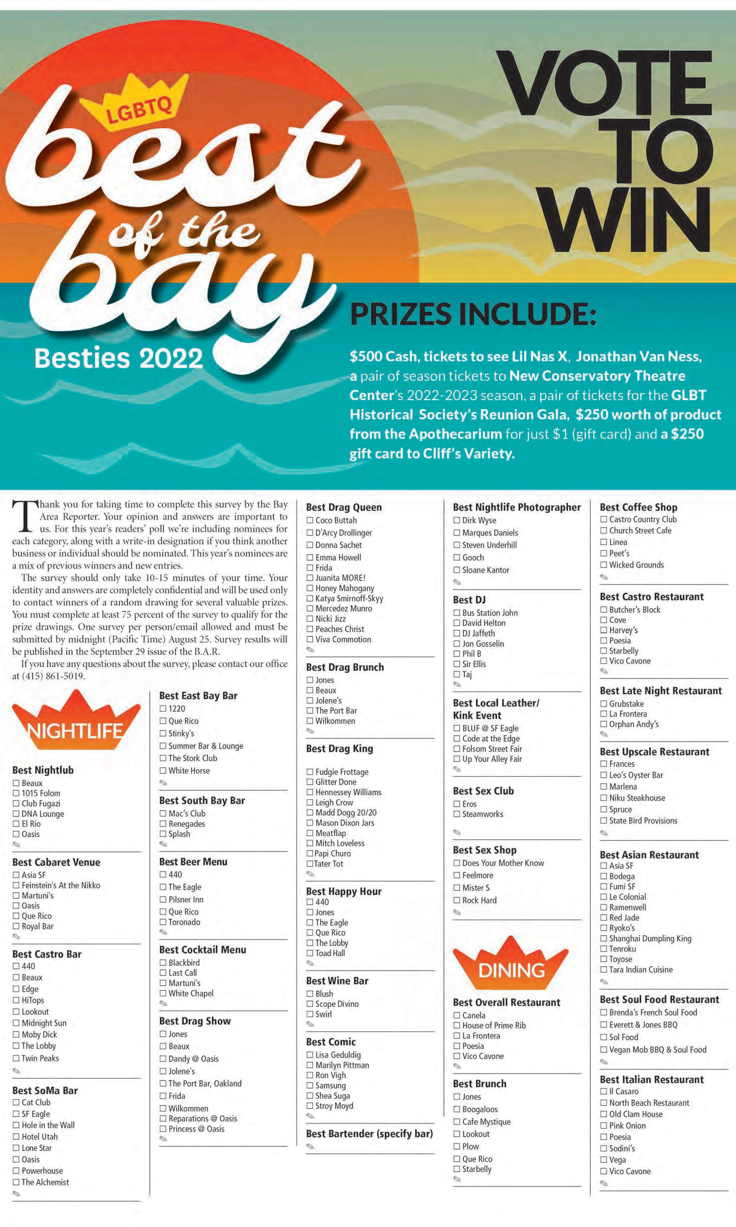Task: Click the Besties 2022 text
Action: [119, 358]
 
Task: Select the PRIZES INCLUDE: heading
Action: [473, 314]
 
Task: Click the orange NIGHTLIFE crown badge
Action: [76, 721]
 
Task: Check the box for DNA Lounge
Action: [16, 814]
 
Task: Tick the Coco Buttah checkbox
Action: [310, 520]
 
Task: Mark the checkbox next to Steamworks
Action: [457, 814]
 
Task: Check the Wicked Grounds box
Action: [604, 565]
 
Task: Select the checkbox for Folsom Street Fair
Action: [457, 749]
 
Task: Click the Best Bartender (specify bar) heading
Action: [369, 1134]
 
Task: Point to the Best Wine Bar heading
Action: [337, 981]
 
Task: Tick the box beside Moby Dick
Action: [16, 1034]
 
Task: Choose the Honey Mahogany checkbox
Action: [310, 588]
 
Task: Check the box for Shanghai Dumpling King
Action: [604, 939]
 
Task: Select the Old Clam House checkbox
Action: [604, 1114]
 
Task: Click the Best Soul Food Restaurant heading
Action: [659, 999]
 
